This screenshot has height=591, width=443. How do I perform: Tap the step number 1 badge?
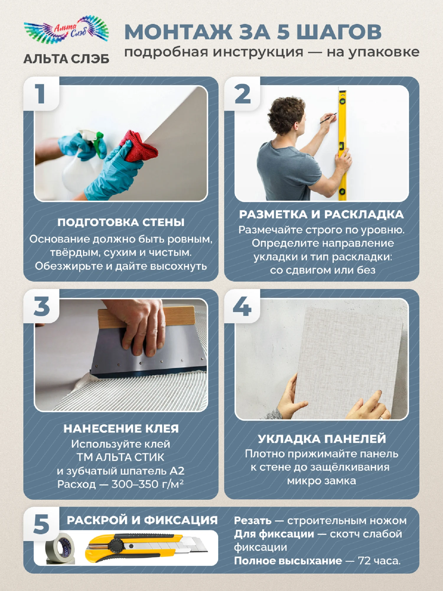pyautogui.click(x=41, y=94)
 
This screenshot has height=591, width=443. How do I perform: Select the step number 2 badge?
pyautogui.click(x=242, y=94)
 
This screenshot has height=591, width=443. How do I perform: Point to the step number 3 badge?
pyautogui.click(x=41, y=306)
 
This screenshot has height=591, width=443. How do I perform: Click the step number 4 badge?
pyautogui.click(x=242, y=306)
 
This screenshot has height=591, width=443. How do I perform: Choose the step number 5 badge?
pyautogui.click(x=41, y=524)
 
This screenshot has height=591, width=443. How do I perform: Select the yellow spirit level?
pyautogui.click(x=342, y=145)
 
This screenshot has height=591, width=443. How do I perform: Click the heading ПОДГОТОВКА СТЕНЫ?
pyautogui.click(x=121, y=222)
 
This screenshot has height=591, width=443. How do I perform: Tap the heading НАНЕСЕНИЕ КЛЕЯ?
pyautogui.click(x=121, y=428)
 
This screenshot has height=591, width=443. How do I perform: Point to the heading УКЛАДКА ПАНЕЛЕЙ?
pyautogui.click(x=322, y=439)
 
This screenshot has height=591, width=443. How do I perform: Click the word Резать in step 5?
pyautogui.click(x=253, y=521)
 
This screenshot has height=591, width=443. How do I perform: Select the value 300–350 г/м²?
pyautogui.click(x=148, y=484)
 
